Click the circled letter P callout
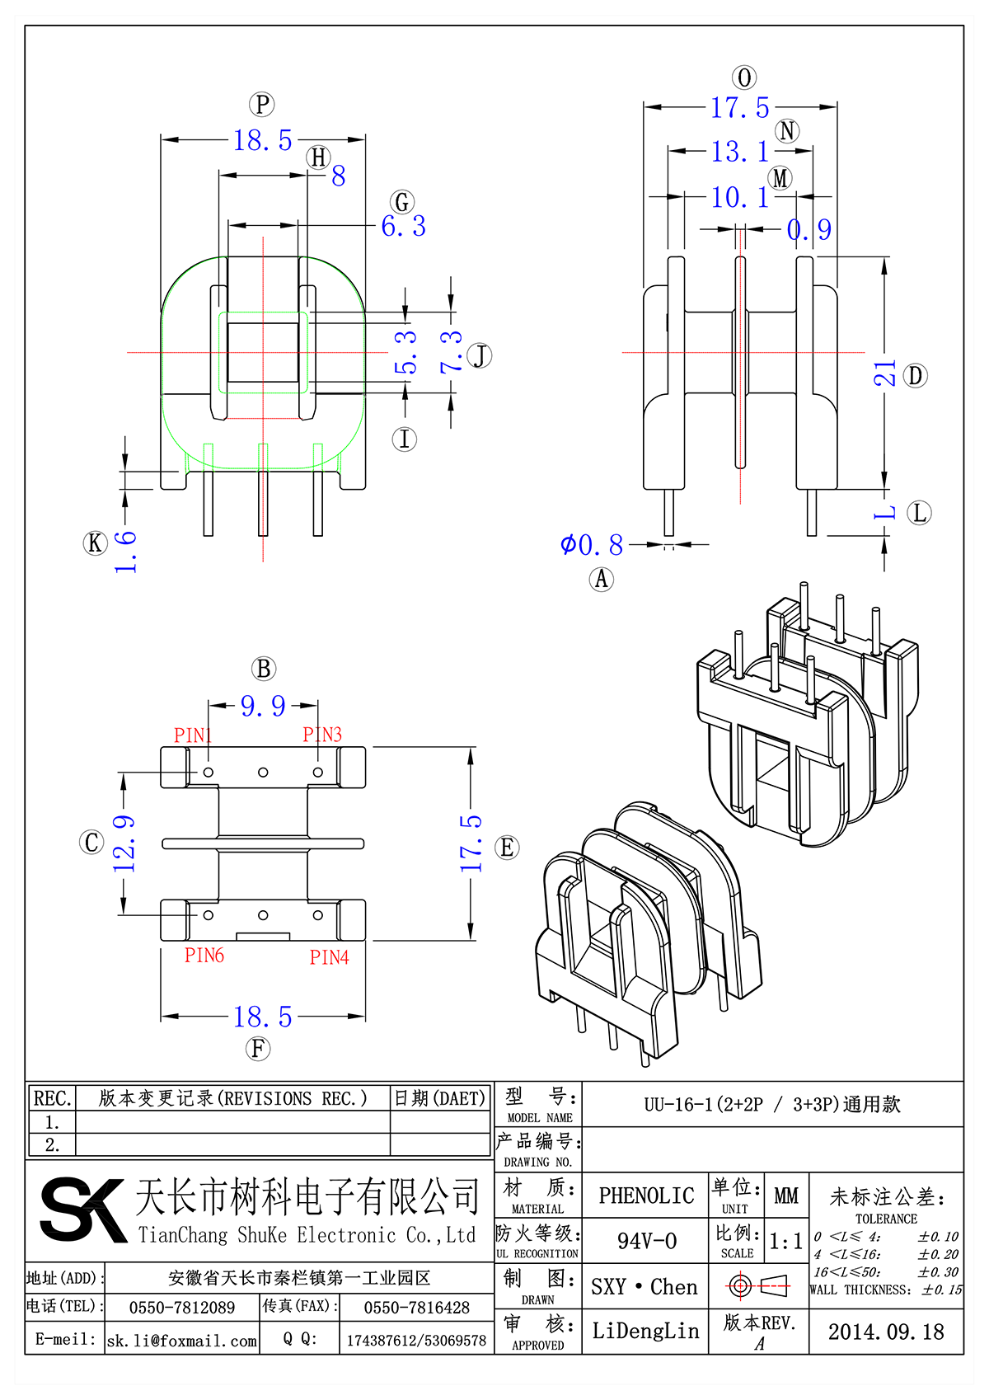261,105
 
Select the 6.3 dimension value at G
403,226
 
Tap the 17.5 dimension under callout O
740,108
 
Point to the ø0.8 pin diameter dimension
592,545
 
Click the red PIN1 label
193,735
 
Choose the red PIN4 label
329,957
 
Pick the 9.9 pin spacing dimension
263,707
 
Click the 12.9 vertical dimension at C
124,843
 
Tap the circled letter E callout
507,848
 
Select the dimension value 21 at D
884,373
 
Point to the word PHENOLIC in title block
646,1196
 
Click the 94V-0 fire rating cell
646,1241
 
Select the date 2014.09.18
886,1332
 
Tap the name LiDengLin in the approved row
645,1331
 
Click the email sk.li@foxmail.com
182,1341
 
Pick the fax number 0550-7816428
416,1308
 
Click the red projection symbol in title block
758,1285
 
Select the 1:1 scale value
785,1242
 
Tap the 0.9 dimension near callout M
809,230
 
